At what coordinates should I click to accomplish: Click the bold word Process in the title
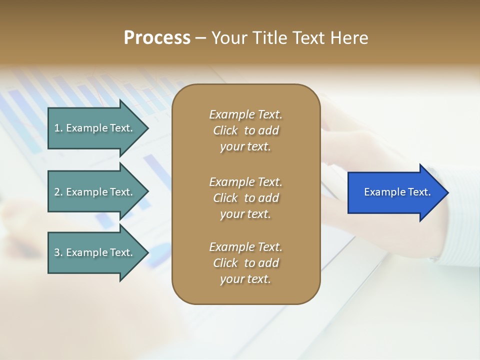[157, 38]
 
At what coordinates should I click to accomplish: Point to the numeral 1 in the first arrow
[57, 128]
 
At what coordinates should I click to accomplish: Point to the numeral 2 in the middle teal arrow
[57, 192]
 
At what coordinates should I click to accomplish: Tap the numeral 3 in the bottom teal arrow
[57, 252]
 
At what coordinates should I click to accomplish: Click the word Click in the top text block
[225, 131]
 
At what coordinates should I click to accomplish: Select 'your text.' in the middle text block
[245, 214]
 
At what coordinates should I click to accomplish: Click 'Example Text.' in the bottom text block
[245, 247]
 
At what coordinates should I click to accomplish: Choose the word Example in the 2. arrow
[85, 192]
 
